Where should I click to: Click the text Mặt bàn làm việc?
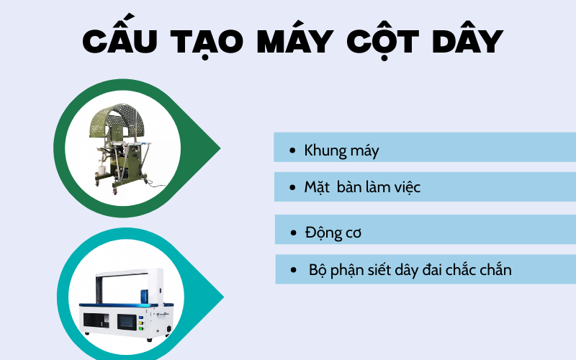click(x=362, y=187)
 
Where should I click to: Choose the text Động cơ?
click(x=333, y=233)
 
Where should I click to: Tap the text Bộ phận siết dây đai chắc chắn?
click(x=410, y=270)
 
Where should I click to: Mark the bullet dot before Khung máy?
click(x=292, y=152)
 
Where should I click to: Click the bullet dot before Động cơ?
click(x=292, y=233)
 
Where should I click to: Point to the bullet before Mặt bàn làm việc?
click(x=292, y=188)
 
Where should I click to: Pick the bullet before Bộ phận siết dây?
click(x=294, y=271)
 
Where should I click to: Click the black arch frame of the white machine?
click(x=122, y=272)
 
